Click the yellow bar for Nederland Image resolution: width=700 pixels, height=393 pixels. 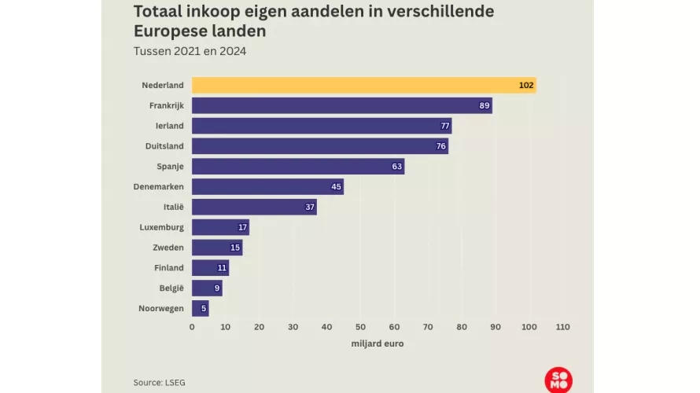click(363, 85)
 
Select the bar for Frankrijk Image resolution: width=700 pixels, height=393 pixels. click(341, 105)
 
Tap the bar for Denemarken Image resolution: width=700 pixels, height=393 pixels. click(267, 186)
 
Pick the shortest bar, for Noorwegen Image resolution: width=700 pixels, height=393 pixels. click(200, 308)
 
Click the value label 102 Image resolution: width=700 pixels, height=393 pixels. click(526, 85)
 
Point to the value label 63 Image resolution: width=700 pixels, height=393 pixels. click(397, 167)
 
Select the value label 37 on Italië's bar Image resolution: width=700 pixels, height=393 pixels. click(310, 208)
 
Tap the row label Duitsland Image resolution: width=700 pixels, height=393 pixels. click(164, 146)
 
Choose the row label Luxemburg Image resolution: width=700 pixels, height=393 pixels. click(161, 227)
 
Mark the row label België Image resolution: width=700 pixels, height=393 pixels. click(171, 288)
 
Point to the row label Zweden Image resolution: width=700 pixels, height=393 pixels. click(168, 248)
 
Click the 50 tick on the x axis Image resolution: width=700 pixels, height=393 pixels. click(360, 326)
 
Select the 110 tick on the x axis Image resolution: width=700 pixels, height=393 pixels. click(562, 326)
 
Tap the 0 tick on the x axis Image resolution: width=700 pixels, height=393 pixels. click(192, 326)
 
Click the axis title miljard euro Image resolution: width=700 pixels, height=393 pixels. click(377, 343)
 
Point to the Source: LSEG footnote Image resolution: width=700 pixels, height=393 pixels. click(160, 382)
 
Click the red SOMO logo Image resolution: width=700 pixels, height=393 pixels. click(558, 379)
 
